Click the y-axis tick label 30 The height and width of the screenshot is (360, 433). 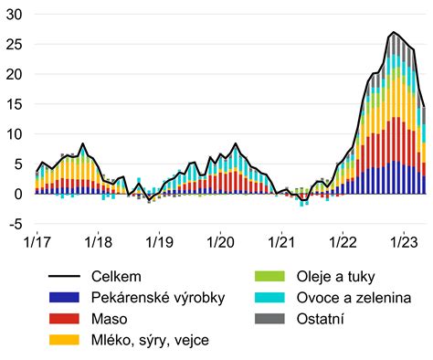[16, 15]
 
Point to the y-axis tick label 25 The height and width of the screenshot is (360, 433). [16, 45]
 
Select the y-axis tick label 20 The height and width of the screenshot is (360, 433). [16, 74]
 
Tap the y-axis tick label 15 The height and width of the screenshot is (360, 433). [16, 104]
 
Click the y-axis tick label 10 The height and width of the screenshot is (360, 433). [16, 133]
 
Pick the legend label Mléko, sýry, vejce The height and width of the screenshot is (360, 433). [149, 341]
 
